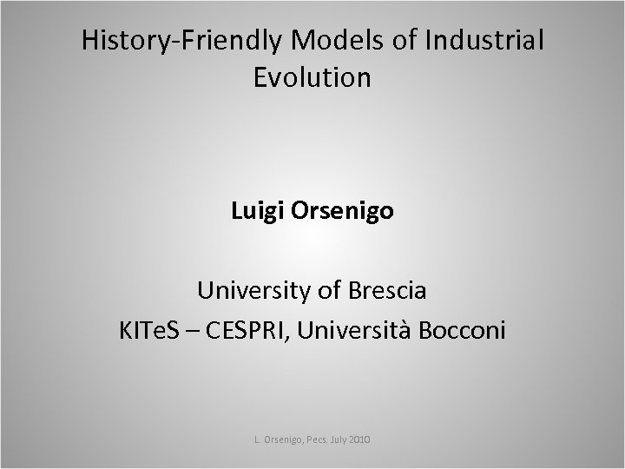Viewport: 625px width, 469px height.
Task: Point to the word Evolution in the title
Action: click(312, 77)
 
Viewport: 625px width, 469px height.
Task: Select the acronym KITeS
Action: click(153, 330)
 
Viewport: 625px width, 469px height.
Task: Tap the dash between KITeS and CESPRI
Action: click(197, 331)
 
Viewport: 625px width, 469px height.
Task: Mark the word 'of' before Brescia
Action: click(329, 291)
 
